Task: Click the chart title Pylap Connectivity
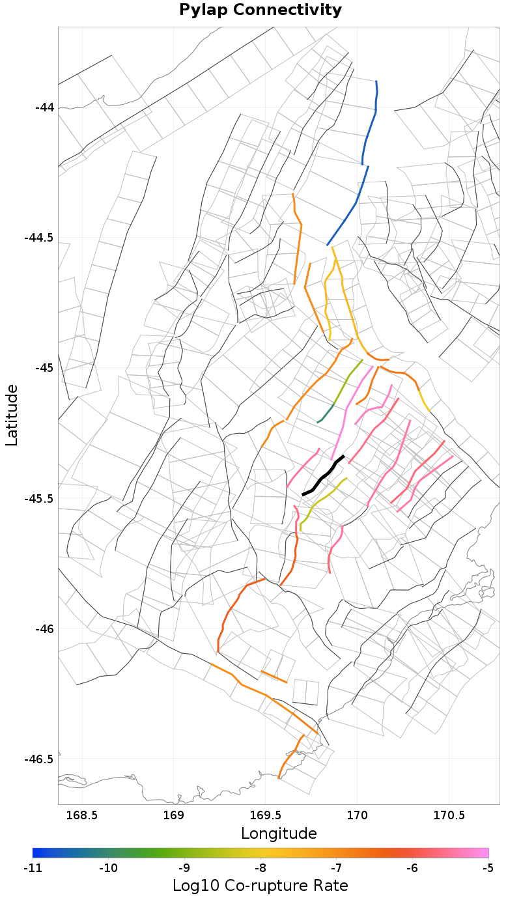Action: (260, 10)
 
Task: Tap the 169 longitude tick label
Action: (174, 815)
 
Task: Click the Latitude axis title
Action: (12, 414)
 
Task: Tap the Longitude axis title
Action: (279, 834)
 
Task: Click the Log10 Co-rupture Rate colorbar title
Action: (260, 886)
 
